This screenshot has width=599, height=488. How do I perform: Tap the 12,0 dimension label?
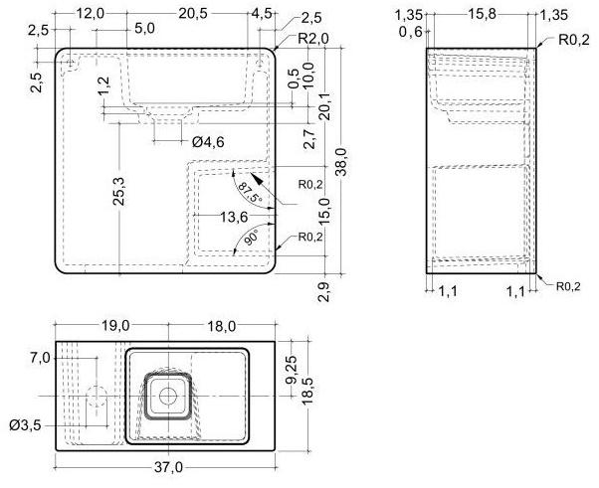coord(91,12)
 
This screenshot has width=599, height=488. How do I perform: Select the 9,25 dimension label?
coord(293,371)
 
